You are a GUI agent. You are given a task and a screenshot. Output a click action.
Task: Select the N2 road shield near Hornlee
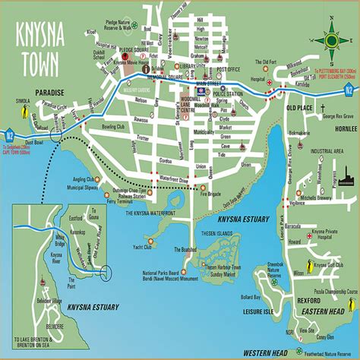(348, 89)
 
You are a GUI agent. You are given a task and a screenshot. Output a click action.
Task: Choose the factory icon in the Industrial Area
(348, 179)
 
